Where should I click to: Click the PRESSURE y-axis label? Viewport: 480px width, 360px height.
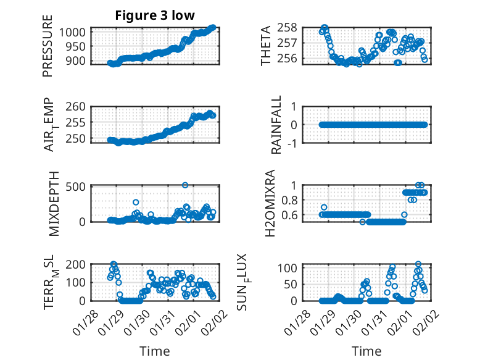pos(48,46)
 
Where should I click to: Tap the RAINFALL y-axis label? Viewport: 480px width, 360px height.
pos(278,125)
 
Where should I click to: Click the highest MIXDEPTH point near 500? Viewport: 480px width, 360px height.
pos(185,185)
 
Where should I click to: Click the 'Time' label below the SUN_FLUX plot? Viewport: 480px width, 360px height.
pos(366,351)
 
